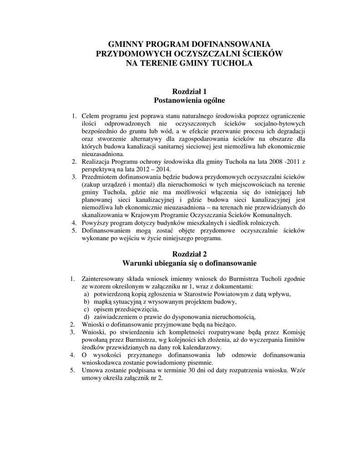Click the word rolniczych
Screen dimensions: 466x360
click(x=264, y=223)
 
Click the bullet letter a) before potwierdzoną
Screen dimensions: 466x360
click(x=86, y=294)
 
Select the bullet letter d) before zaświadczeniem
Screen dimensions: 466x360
click(x=86, y=317)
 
